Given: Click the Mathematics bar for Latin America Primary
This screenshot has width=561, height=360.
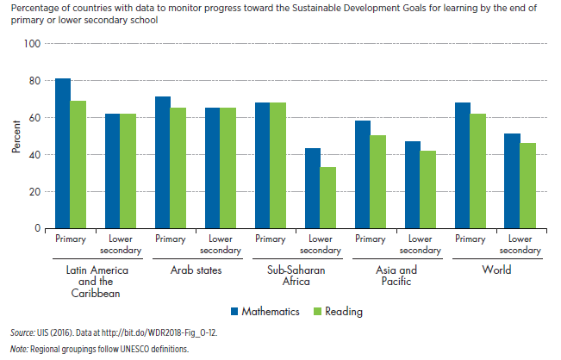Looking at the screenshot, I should (62, 153).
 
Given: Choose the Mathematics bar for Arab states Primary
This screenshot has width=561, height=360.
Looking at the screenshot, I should (163, 163).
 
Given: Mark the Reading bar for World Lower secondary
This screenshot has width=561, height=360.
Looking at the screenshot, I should (527, 186).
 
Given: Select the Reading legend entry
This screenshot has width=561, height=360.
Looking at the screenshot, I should (338, 311).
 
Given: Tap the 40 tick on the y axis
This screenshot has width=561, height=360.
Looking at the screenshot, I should (34, 155).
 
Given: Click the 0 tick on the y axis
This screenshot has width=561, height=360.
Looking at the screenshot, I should (36, 229).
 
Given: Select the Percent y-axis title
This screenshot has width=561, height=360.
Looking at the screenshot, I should (16, 136).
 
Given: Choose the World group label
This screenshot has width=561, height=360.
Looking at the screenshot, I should (496, 270).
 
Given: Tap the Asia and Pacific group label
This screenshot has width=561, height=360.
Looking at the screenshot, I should (396, 276).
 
